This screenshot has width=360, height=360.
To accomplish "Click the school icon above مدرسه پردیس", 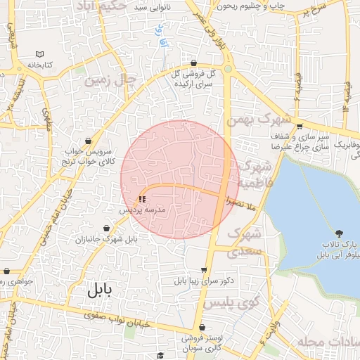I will [143, 199].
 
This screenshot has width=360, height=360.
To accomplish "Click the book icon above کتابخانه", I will [40, 54].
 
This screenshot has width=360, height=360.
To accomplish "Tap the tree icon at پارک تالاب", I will [340, 233].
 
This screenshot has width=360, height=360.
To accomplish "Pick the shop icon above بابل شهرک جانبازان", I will [106, 229].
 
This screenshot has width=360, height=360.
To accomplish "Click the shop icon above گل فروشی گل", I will [193, 63].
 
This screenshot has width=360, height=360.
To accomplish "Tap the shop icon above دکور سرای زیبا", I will [204, 269].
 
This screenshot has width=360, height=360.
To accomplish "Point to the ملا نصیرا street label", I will [242, 202].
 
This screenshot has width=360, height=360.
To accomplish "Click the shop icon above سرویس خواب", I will [88, 141].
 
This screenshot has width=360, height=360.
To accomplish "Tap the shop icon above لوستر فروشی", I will [202, 328].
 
